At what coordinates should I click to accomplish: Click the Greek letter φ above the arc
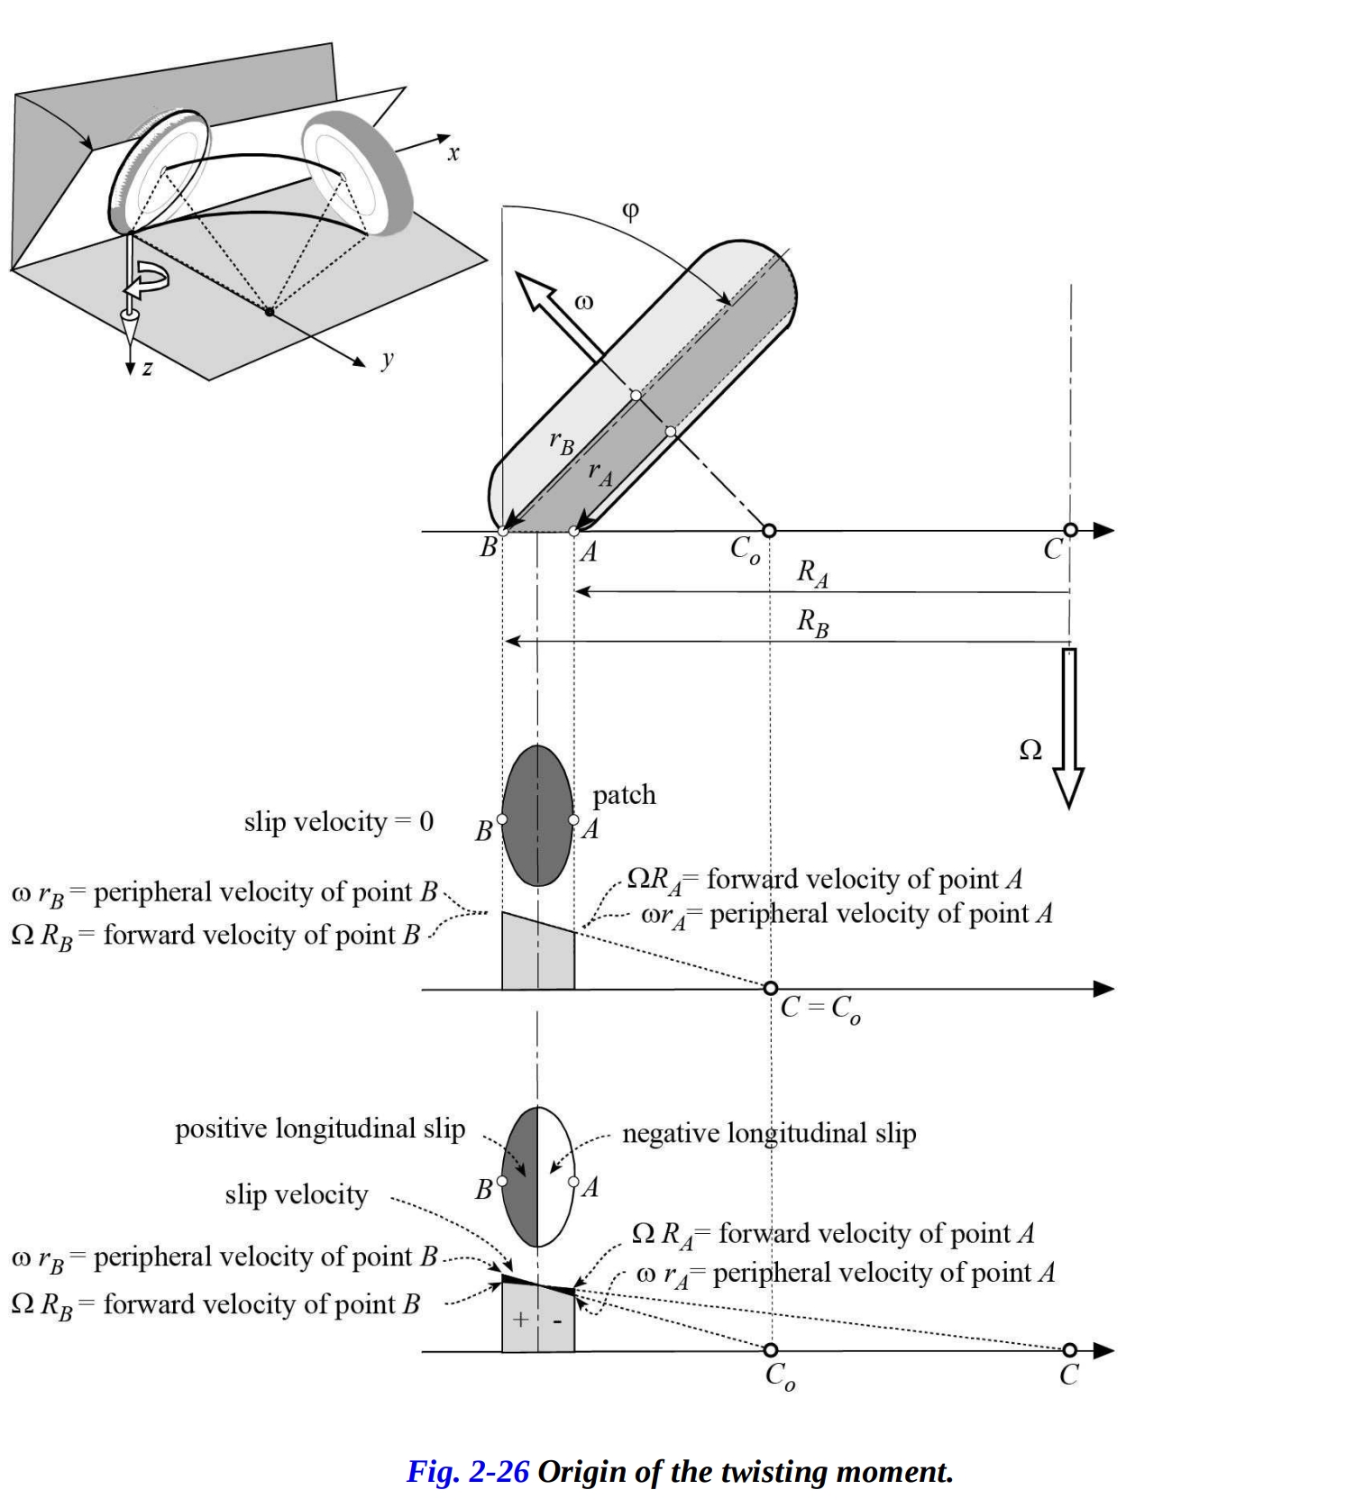pyautogui.click(x=630, y=212)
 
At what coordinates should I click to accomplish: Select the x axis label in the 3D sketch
pyautogui.click(x=453, y=154)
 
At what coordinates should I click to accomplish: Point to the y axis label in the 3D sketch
pyautogui.click(x=387, y=359)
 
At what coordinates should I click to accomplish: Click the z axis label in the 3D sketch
pyautogui.click(x=147, y=368)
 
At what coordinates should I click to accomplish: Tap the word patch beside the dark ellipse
pyautogui.click(x=624, y=795)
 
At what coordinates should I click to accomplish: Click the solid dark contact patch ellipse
pyautogui.click(x=537, y=816)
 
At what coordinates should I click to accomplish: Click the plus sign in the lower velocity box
pyautogui.click(x=520, y=1320)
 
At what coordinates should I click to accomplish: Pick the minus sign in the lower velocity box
pyautogui.click(x=557, y=1321)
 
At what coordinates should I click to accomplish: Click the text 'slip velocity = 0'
pyautogui.click(x=338, y=822)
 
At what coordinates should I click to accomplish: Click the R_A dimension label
pyautogui.click(x=812, y=573)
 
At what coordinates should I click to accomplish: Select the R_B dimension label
pyautogui.click(x=812, y=623)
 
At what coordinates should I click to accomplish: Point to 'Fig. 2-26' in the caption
pyautogui.click(x=467, y=1471)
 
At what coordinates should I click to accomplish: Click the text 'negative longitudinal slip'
pyautogui.click(x=769, y=1133)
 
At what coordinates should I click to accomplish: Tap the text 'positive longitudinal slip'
pyautogui.click(x=320, y=1129)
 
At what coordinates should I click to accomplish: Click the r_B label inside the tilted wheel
pyautogui.click(x=561, y=443)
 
